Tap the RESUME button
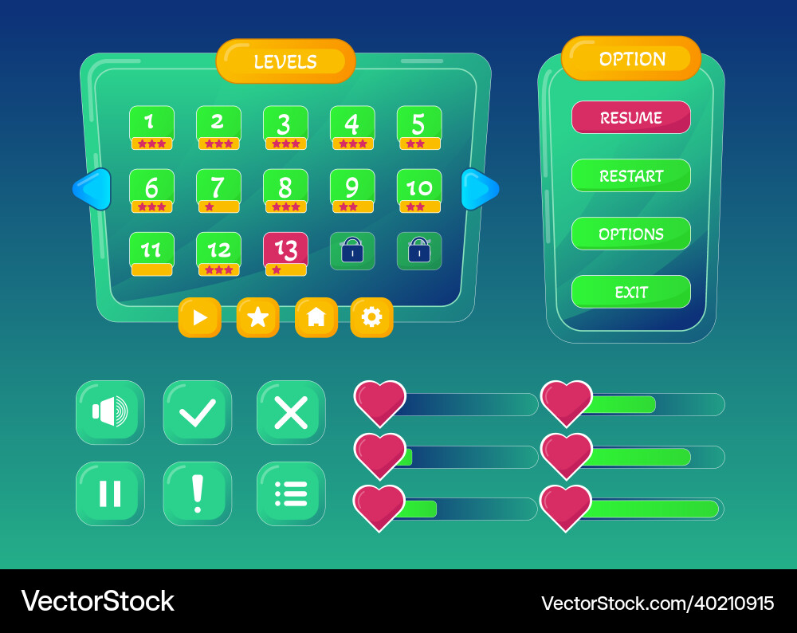tap(630, 117)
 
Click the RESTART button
tap(630, 175)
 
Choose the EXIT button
tap(630, 292)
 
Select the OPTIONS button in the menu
tap(630, 234)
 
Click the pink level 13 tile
tap(285, 254)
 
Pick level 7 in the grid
tap(218, 191)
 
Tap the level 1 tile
tap(151, 128)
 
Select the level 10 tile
tap(419, 191)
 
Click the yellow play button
tap(200, 317)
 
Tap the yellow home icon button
tap(316, 317)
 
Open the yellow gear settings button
tap(371, 317)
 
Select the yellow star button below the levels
tap(257, 317)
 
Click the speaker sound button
tap(110, 412)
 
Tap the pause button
tap(110, 493)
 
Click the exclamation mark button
tap(197, 493)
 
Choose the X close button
tap(291, 412)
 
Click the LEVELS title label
tap(285, 61)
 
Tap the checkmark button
tap(197, 412)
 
